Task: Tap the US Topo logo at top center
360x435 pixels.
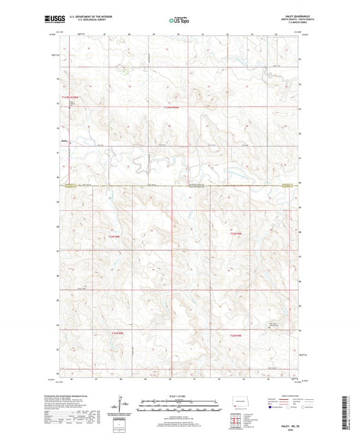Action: tap(179, 21)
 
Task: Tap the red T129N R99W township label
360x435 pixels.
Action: tap(172, 106)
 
